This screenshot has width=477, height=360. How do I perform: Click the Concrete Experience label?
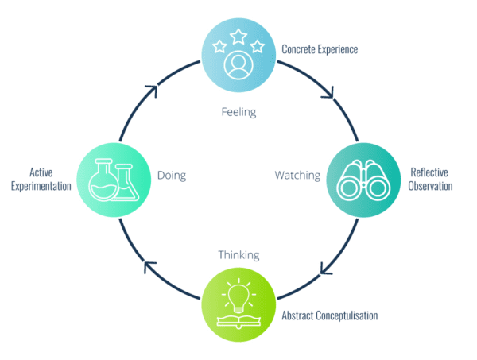pos(320,49)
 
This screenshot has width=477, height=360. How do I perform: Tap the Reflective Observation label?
pos(429,179)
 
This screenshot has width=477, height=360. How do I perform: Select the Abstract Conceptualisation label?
pos(329,315)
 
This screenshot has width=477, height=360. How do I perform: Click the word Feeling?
pos(238,112)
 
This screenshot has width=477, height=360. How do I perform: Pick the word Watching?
pos(297,174)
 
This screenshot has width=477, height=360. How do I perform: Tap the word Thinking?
pos(238,255)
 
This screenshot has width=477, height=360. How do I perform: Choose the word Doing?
pos(172,174)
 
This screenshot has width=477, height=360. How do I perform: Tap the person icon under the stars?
pos(239,63)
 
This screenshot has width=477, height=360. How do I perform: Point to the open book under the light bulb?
pos(239,321)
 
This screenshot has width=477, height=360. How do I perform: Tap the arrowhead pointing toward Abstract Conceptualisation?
pos(326,266)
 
